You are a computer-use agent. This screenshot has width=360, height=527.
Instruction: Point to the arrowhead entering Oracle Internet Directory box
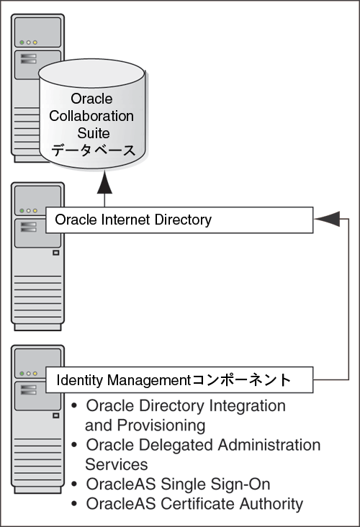point(326,220)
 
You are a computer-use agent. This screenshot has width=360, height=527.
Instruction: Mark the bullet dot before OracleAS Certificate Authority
point(76,504)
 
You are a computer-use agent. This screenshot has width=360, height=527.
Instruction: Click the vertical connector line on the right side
point(348,302)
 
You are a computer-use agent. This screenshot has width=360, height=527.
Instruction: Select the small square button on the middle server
point(55,253)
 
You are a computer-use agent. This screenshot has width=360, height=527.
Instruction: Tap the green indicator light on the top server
point(23,42)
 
